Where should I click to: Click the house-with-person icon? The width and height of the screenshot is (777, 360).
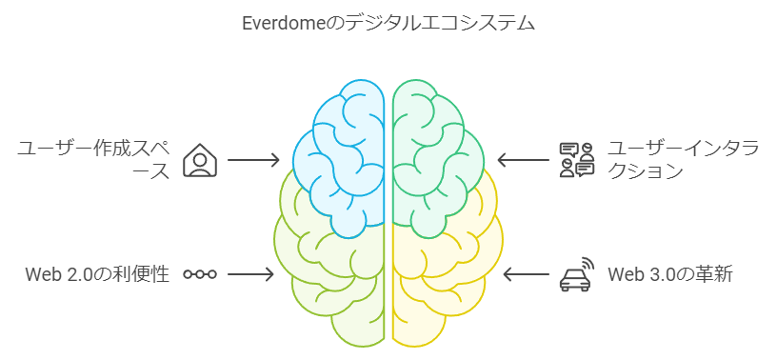pyautogui.click(x=199, y=160)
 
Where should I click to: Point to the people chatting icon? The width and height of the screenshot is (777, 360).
pyautogui.click(x=577, y=160)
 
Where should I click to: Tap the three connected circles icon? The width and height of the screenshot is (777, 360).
pyautogui.click(x=200, y=274)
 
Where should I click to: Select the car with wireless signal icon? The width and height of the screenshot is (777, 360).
pyautogui.click(x=575, y=275)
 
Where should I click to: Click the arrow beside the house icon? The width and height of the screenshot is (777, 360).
pyautogui.click(x=253, y=160)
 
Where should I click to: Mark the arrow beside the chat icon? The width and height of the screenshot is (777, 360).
pyautogui.click(x=521, y=160)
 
